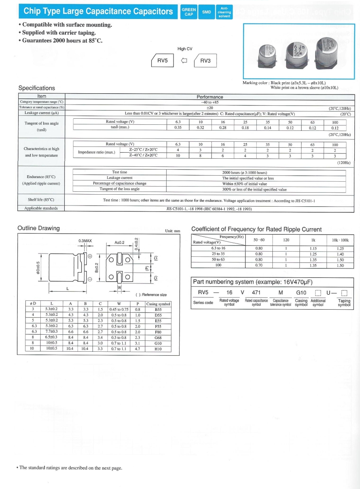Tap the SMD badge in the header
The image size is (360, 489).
coord(206,12)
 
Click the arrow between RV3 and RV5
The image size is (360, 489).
coord(184,61)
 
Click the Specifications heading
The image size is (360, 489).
coord(37,88)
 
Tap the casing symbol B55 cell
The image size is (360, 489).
coord(158,309)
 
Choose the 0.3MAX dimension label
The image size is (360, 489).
coord(85,241)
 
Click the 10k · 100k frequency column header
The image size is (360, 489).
coord(340,240)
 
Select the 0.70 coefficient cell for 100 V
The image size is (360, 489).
coord(259,265)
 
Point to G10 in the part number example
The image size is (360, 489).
coord(301,292)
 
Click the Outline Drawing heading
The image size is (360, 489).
coord(39,228)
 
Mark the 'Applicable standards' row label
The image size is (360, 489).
coord(41,208)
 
